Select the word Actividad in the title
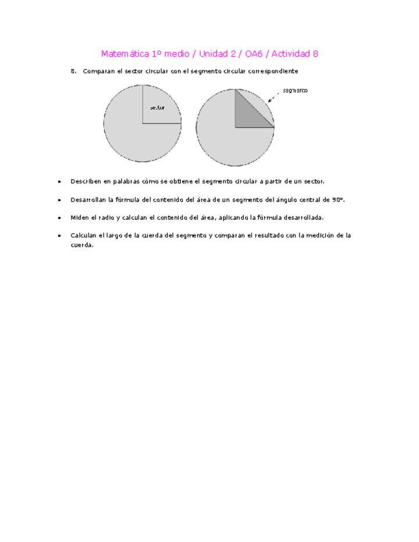coord(289,54)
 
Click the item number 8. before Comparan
coord(74,72)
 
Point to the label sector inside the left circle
coord(157,108)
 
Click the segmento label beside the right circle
coord(295,91)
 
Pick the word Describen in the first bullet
coord(86,181)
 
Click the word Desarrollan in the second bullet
coord(88,199)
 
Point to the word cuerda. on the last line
coord(82,245)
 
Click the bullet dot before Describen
coord(59,182)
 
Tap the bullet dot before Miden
coord(59,218)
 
